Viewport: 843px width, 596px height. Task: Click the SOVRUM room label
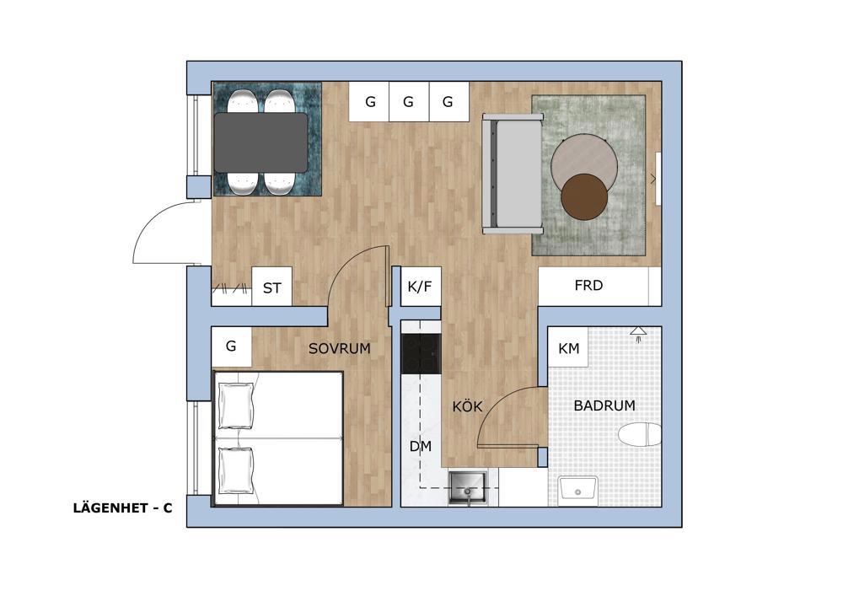tap(339, 348)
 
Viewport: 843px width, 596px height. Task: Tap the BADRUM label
tap(604, 405)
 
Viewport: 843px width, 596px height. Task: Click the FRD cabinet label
tap(588, 286)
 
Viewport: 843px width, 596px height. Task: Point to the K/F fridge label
tap(420, 287)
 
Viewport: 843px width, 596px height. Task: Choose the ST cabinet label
tap(272, 288)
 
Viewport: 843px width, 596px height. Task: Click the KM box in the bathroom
tap(568, 348)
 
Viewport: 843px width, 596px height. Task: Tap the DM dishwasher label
tap(420, 446)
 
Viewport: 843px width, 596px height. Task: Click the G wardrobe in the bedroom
tap(231, 346)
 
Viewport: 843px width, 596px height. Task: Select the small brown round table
tap(584, 196)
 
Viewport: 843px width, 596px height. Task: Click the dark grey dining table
tap(261, 142)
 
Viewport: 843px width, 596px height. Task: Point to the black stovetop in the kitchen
tap(421, 353)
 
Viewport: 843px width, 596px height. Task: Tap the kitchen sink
tap(468, 488)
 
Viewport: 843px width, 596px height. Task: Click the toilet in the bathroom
tap(640, 433)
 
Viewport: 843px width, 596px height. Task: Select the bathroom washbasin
tap(578, 490)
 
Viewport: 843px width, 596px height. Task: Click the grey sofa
tap(512, 174)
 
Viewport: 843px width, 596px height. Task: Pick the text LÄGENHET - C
tap(122, 507)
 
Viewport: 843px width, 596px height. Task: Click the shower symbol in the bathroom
tap(638, 334)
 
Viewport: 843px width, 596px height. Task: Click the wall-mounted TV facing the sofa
tap(658, 179)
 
